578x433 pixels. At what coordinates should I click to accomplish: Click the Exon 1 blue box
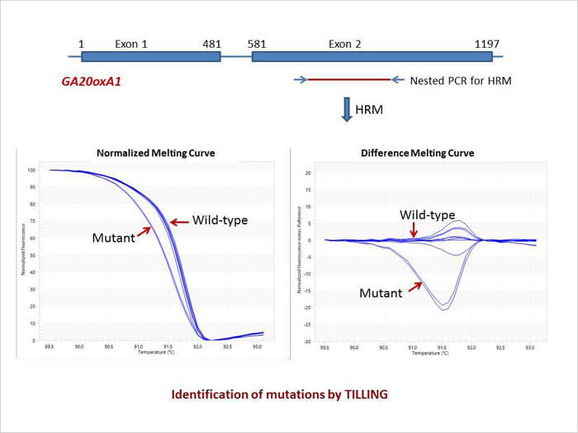(x=151, y=56)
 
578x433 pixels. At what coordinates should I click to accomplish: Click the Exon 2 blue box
(x=372, y=56)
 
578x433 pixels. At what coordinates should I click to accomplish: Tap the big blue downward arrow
(x=347, y=110)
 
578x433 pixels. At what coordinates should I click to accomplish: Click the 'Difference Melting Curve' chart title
(x=417, y=153)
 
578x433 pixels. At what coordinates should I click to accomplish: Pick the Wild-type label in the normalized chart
(x=220, y=220)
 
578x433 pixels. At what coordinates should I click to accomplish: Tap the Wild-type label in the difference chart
(x=428, y=214)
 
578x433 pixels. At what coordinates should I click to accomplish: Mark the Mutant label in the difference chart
(x=381, y=292)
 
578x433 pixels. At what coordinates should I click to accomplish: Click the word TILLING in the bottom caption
(x=358, y=394)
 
